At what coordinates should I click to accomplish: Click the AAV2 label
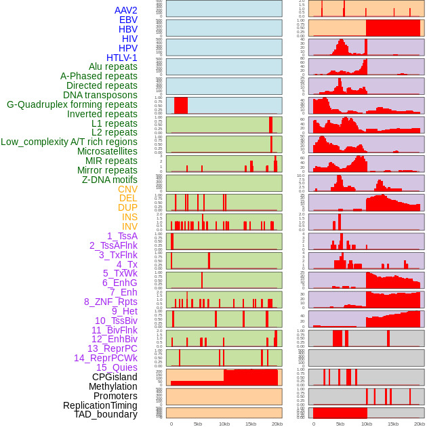click(x=125, y=10)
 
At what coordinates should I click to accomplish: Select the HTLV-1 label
click(x=121, y=58)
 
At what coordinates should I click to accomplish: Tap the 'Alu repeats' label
click(x=113, y=66)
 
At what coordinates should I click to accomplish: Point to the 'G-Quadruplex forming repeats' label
click(x=72, y=104)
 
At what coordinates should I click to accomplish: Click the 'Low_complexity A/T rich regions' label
click(x=69, y=142)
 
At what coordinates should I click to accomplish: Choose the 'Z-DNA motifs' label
click(x=109, y=180)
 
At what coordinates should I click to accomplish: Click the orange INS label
click(x=129, y=217)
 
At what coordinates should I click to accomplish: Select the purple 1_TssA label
click(x=122, y=236)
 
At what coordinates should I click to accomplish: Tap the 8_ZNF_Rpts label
click(x=110, y=302)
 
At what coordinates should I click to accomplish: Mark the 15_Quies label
click(x=116, y=367)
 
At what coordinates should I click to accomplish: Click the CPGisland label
click(x=115, y=377)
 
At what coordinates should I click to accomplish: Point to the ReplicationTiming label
click(x=100, y=405)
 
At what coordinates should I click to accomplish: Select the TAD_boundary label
click(x=105, y=414)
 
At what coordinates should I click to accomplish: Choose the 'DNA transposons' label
click(x=100, y=95)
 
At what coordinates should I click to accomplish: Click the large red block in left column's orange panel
click(x=251, y=378)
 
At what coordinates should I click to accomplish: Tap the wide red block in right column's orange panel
click(x=392, y=28)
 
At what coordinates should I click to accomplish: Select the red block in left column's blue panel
click(x=181, y=106)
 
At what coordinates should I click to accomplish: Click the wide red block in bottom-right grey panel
click(x=340, y=413)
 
